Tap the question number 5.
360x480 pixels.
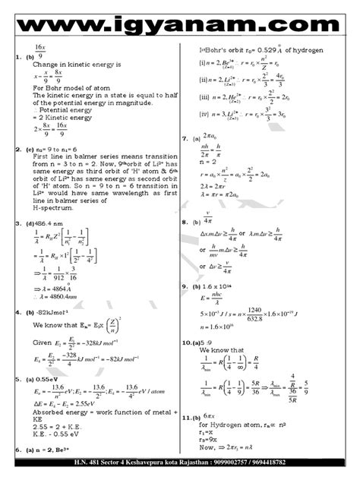click(17, 379)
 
